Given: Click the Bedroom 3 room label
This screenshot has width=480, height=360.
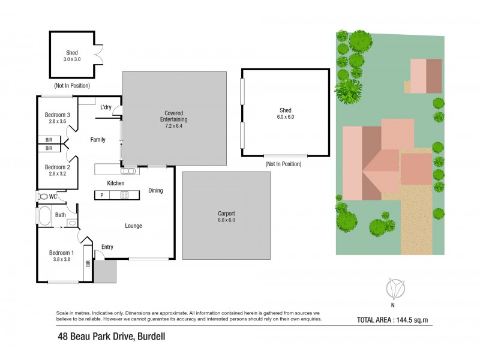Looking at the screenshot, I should [x=58, y=115].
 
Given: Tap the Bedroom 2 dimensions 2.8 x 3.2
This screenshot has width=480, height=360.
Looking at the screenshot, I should [x=58, y=173].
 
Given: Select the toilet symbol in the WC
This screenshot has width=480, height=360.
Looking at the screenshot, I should [x=43, y=196].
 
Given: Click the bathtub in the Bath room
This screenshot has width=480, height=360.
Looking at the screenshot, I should [x=45, y=215].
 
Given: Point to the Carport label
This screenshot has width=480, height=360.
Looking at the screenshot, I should [x=226, y=213].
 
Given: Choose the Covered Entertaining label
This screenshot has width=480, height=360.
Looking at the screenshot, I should [x=174, y=113].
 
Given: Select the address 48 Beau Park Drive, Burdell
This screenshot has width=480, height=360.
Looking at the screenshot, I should [x=111, y=337].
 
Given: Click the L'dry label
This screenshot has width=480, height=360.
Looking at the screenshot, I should [x=106, y=107].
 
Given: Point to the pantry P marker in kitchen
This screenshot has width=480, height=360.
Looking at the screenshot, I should [x=101, y=195].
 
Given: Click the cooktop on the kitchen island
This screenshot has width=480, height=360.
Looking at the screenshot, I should [x=124, y=195].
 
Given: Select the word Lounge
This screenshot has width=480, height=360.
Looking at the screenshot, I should [x=133, y=226].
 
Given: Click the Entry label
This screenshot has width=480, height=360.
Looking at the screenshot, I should [x=107, y=247].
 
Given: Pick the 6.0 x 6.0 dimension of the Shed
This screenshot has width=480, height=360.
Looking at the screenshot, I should [x=285, y=117].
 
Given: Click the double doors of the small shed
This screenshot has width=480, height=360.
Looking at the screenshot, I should [x=100, y=55].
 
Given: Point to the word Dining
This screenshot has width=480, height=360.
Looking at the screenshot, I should [x=155, y=191].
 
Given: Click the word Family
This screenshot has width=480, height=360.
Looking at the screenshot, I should [x=98, y=140].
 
